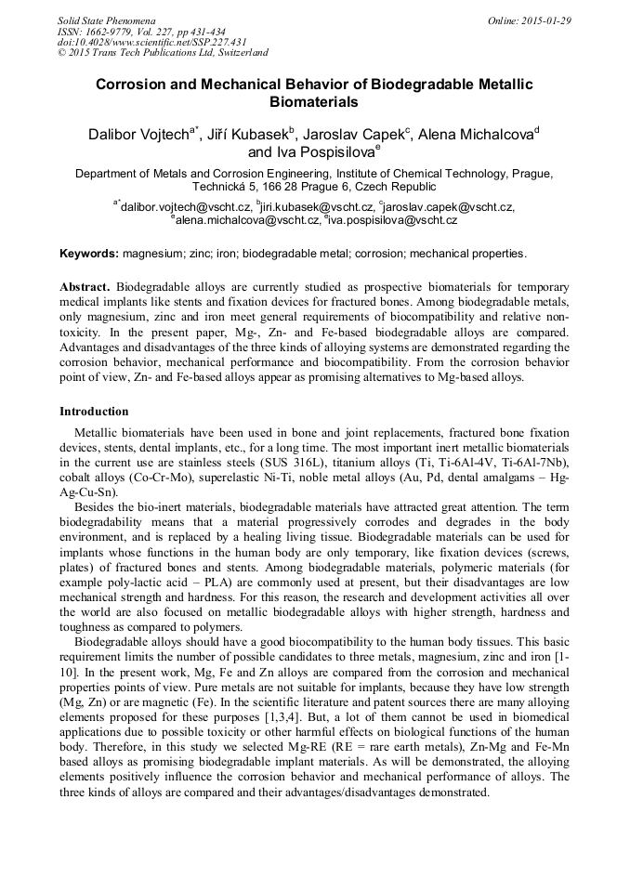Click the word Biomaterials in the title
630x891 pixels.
[x=313, y=102]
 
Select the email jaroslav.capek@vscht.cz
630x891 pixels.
[x=450, y=206]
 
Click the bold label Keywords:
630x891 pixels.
[x=89, y=254]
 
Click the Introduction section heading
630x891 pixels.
[x=94, y=412]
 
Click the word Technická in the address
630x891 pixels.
[x=227, y=187]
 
